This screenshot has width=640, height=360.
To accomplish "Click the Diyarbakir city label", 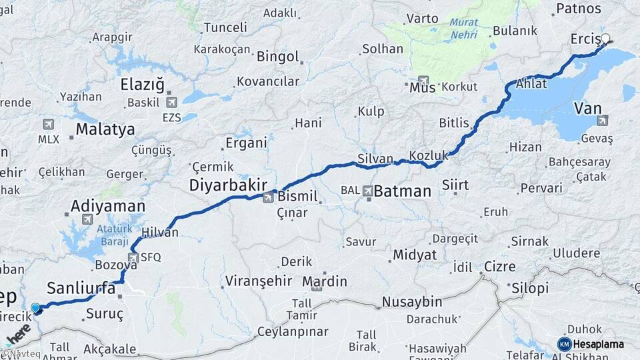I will point(229,185).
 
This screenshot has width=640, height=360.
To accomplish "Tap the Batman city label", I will point(402,191).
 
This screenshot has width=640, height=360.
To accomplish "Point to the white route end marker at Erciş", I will point(607,39).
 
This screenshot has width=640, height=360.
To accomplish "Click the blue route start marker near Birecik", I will point(36,308).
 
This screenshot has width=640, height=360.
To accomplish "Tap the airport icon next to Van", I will point(603,121).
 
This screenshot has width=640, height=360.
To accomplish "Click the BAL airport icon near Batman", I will point(367,191).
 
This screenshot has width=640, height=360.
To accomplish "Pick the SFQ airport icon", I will point(134,257).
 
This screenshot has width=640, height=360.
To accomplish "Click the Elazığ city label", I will point(141,85).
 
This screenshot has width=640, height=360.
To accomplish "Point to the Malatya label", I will point(105,129).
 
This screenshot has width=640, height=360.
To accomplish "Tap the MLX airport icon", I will point(48,125).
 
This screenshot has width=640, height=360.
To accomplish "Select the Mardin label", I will point(325,281).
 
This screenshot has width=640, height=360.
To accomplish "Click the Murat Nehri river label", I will point(463,27).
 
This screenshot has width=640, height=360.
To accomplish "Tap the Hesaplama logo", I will point(591,344).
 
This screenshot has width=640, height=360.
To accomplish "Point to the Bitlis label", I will point(454,123).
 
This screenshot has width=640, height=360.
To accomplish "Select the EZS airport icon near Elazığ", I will point(172,103).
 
